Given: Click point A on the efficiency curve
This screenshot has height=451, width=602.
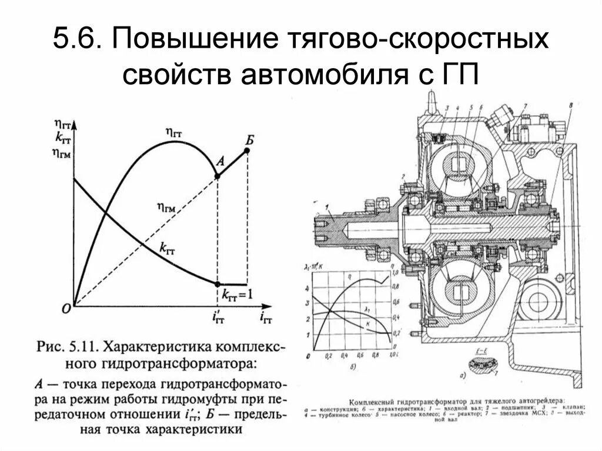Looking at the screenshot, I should (x=218, y=176).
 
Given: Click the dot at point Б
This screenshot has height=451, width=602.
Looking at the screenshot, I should (x=247, y=151).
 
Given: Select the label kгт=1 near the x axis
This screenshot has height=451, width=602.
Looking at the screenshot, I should (x=237, y=294).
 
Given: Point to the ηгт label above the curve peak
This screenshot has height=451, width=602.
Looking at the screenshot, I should (x=174, y=132).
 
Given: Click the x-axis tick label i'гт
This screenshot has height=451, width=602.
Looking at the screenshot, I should (x=218, y=318).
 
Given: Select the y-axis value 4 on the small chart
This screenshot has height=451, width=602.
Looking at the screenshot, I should (x=307, y=289).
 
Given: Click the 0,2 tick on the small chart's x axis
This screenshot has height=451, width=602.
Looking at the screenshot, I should (x=329, y=356).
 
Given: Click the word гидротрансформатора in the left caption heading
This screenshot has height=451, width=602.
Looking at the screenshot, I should (x=193, y=360).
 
